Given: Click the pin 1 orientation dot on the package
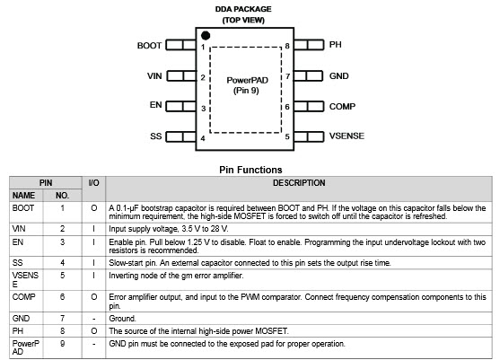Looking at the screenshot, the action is (x=206, y=35).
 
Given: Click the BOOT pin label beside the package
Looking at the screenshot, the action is (x=149, y=46).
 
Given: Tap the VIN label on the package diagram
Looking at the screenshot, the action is (x=154, y=76).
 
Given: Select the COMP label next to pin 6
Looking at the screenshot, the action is (x=342, y=106).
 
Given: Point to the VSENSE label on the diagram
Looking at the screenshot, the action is (x=346, y=136).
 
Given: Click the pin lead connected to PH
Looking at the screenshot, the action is (x=309, y=45).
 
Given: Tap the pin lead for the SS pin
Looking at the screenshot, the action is (x=180, y=136).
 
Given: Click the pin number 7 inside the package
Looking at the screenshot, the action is (x=287, y=76).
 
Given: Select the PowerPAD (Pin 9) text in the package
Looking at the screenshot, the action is (x=247, y=85).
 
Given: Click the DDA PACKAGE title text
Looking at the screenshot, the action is (x=243, y=9).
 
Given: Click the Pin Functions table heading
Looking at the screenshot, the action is (x=250, y=170).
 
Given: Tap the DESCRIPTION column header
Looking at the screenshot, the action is (x=299, y=183).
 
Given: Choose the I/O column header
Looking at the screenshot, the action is (x=93, y=183).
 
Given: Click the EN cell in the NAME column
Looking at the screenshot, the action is (x=18, y=242).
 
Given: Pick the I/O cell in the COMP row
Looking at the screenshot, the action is (x=93, y=297).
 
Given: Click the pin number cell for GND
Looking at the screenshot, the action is (x=63, y=318).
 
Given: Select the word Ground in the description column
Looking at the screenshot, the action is (x=122, y=318).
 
